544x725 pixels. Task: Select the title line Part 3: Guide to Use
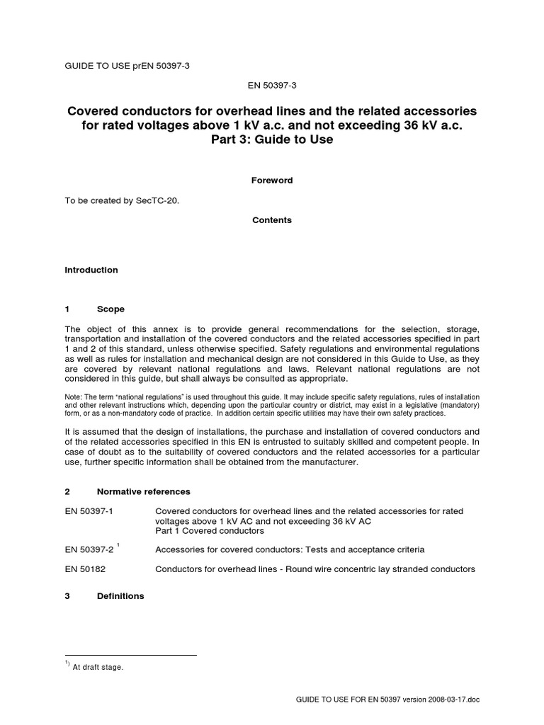pyautogui.click(x=272, y=139)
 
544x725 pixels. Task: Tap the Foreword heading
pyautogui.click(x=272, y=181)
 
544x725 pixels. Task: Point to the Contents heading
pyautogui.click(x=272, y=220)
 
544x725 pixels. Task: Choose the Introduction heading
pyautogui.click(x=91, y=270)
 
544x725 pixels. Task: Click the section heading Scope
pyautogui.click(x=110, y=309)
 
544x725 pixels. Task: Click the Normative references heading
pyautogui.click(x=144, y=491)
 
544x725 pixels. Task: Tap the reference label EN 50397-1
pyautogui.click(x=89, y=511)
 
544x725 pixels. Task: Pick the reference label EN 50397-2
pyautogui.click(x=89, y=550)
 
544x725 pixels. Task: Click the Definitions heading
pyautogui.click(x=120, y=596)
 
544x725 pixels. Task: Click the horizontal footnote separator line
pyautogui.click(x=130, y=656)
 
